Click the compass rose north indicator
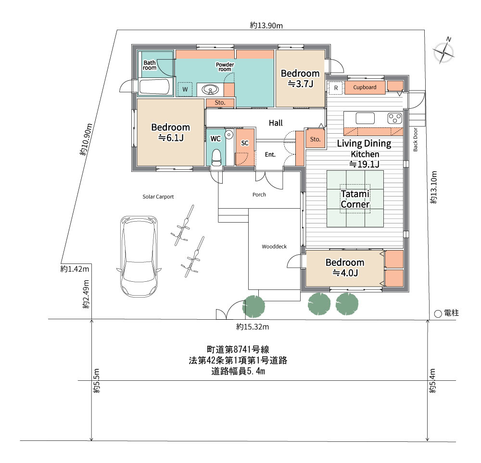(443, 51)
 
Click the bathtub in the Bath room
(155, 88)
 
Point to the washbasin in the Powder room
(210, 89)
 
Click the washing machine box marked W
(185, 89)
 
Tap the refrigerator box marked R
(335, 88)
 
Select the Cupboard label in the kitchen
(365, 88)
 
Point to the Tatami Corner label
(355, 199)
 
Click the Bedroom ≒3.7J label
(300, 78)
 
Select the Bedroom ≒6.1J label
(170, 132)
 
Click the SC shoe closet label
(244, 143)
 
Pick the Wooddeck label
(274, 247)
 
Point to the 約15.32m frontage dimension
(252, 327)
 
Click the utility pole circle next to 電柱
(438, 313)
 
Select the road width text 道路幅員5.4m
(239, 371)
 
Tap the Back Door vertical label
(416, 140)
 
